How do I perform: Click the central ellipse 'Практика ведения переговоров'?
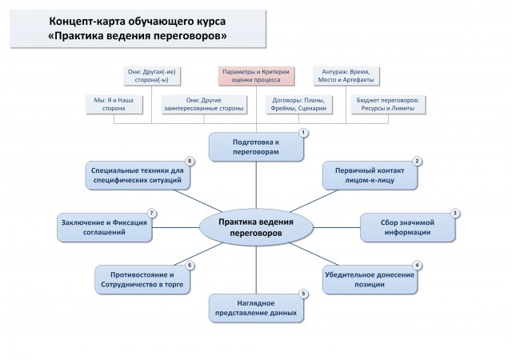coord(256,227)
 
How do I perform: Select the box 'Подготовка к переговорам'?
coord(256,147)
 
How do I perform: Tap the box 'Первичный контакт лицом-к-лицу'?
coord(370,175)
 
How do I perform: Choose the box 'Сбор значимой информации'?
coord(407,227)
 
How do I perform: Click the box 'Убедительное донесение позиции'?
coord(370,280)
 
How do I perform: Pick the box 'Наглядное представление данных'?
coord(256,308)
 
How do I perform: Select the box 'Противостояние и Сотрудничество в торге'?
coord(142,280)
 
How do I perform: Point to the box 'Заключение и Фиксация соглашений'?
coord(104,227)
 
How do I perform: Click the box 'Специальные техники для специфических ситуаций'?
coord(138,175)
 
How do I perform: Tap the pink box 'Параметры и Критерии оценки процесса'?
coord(256,76)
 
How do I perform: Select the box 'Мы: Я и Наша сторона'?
coord(114,104)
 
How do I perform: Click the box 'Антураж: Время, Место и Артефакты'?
coord(346,76)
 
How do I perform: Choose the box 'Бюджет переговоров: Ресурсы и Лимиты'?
coord(388,104)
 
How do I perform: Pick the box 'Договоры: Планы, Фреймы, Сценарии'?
coord(298,104)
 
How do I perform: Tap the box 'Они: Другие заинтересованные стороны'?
coord(204,104)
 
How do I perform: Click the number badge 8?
coord(190,161)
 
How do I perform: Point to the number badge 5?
coord(303,294)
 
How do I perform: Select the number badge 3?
coord(455,214)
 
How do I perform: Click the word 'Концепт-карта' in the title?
coord(86,22)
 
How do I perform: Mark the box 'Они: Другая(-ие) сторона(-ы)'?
coord(152,76)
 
